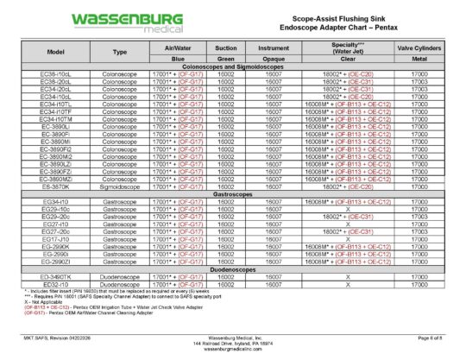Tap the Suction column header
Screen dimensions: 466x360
[x=226, y=48]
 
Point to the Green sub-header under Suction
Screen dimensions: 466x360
[x=226, y=59]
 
